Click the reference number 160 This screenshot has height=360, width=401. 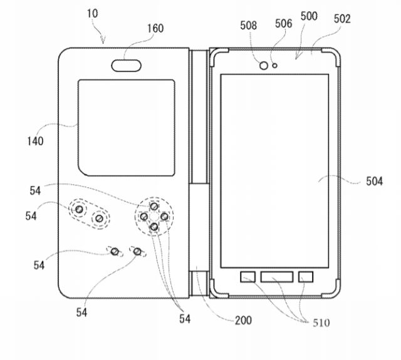pos(155,28)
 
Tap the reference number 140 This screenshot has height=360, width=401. pos(35,141)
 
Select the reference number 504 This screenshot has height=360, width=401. pos(375,181)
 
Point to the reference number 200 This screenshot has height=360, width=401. pos(244,320)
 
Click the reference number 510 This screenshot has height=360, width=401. pos(321,323)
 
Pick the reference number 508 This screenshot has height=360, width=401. pos(248,25)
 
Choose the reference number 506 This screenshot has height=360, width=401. pos(283,24)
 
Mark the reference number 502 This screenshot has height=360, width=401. pos(342,19)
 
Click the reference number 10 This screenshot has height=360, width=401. pos(92,13)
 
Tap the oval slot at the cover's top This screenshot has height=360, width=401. pos(126,66)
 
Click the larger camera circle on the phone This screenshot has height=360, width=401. pos(264,66)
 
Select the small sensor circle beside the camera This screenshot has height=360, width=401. pos(275,66)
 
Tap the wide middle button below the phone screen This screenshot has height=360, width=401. pos(277,277)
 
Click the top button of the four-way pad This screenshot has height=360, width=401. pos(154,207)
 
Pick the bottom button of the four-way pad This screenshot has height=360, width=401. pos(154,227)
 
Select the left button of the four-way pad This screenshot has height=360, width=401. pos(144,217)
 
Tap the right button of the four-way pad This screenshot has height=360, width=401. pos(164,217)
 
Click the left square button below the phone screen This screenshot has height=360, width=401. pos(248,277)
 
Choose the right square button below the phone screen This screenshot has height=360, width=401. pos(306,277)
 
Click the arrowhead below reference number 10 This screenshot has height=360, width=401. pos(103,41)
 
